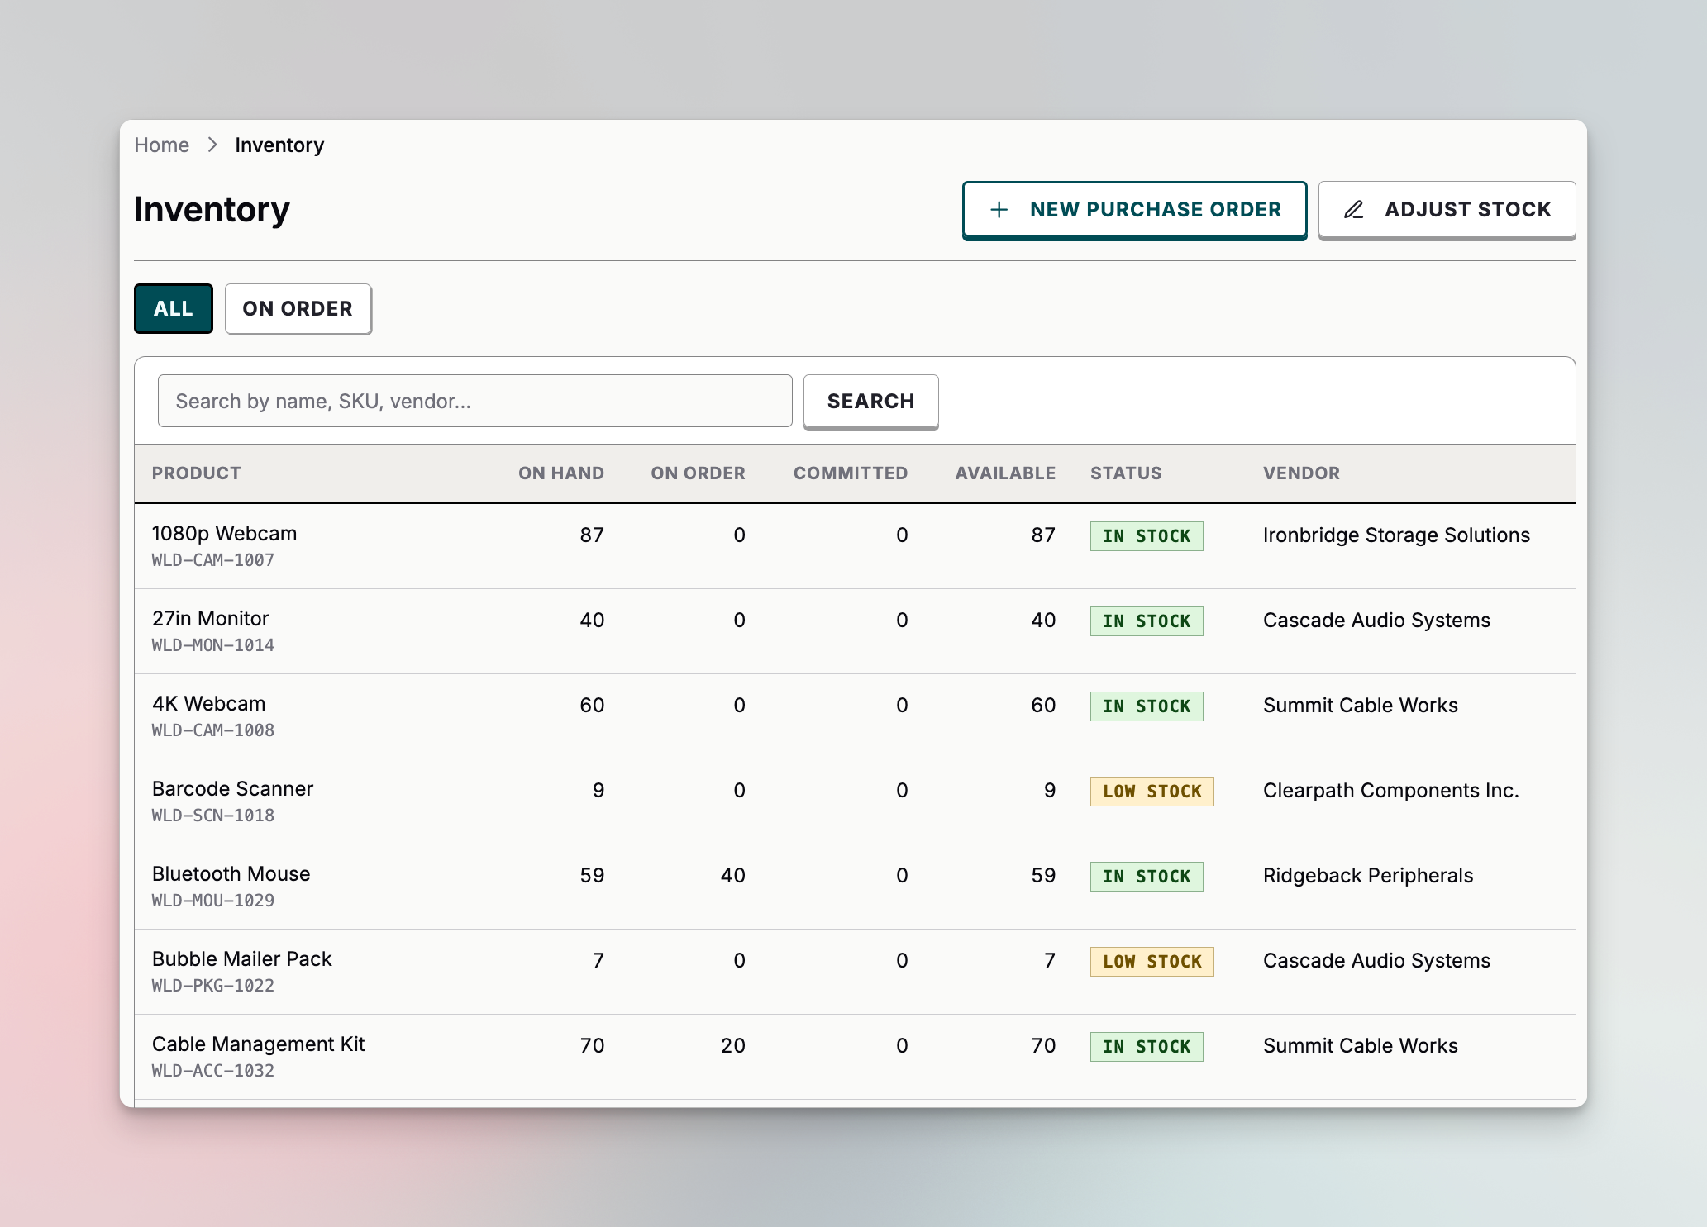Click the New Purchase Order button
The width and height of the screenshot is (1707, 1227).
tap(1134, 210)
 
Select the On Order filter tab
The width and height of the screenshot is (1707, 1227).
tap(298, 309)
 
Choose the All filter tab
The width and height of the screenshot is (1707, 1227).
tap(173, 309)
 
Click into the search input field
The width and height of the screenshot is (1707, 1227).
tap(474, 402)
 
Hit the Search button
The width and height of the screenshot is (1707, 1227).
tap(870, 402)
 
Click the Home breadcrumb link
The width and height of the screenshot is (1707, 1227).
tap(162, 145)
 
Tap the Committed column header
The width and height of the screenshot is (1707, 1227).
tap(850, 473)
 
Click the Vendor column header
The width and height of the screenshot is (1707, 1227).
tap(1301, 473)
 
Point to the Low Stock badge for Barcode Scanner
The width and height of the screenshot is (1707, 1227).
tap(1152, 792)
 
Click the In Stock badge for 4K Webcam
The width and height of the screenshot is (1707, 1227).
tap(1146, 706)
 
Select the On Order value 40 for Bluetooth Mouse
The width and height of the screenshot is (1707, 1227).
tap(732, 876)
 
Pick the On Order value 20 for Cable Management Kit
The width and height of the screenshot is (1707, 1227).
tap(732, 1046)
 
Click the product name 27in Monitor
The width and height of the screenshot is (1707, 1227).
tap(211, 619)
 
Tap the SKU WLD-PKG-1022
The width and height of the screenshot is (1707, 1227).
tap(213, 986)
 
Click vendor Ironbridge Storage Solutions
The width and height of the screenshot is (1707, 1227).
tap(1396, 535)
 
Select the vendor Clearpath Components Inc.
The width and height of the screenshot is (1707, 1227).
tap(1390, 791)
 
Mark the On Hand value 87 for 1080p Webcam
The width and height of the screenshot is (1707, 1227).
tap(592, 535)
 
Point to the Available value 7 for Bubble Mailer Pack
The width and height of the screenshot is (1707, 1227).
tap(1049, 961)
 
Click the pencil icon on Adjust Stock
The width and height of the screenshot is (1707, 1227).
tap(1353, 210)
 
